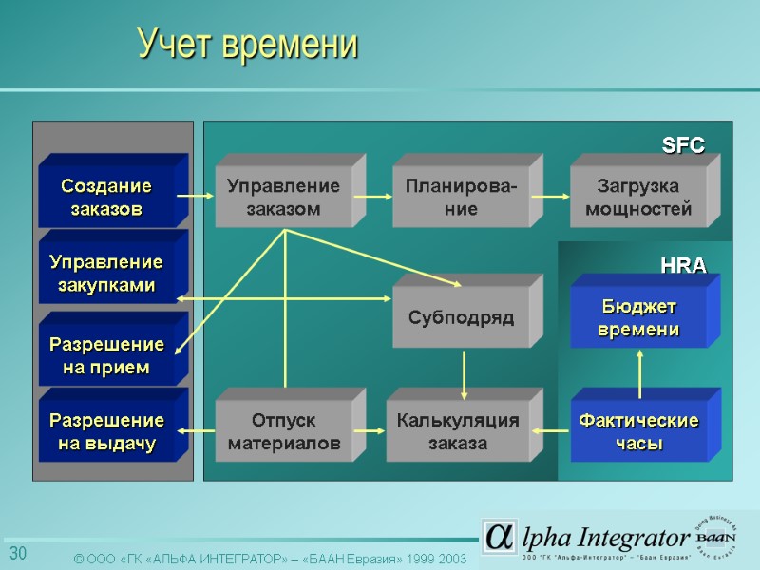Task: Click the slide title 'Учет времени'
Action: pos(247,44)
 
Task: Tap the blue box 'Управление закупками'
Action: pos(105,274)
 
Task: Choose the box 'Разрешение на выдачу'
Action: pos(105,431)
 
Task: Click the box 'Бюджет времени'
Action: pos(638,318)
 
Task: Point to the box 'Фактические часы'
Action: pos(638,432)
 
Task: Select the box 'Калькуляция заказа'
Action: pos(458,432)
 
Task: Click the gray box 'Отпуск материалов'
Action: pos(283,432)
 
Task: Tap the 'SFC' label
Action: pos(683,145)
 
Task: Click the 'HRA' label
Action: pos(683,267)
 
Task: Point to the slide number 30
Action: pos(18,554)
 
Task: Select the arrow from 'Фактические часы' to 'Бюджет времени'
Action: pos(640,372)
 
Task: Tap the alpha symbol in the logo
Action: pos(497,537)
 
